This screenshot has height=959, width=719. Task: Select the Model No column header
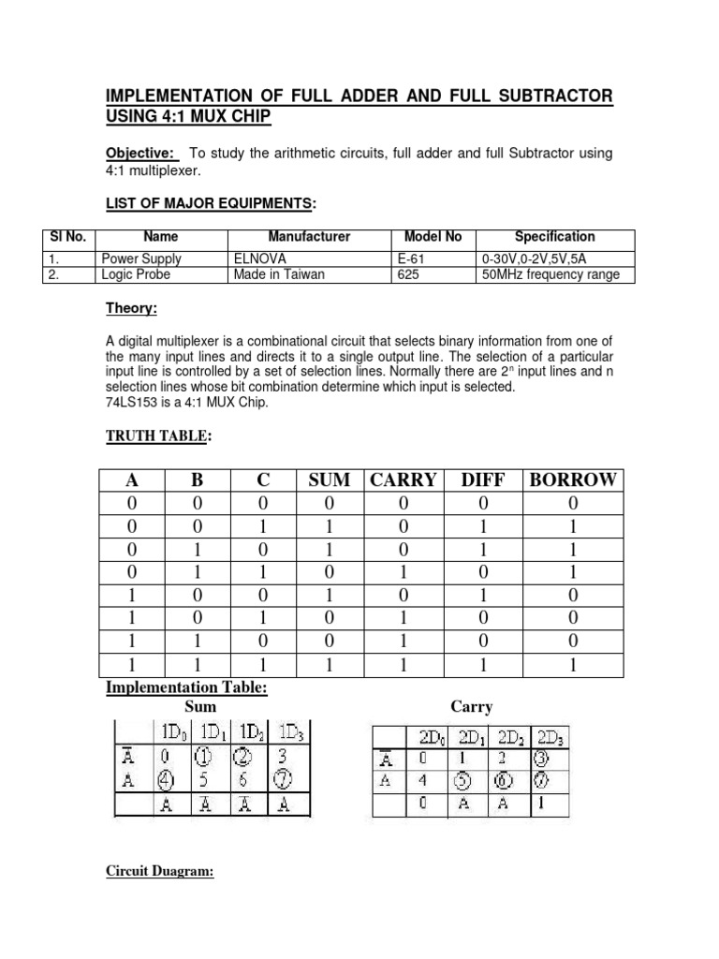click(433, 237)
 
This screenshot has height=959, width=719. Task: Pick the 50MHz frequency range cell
click(550, 274)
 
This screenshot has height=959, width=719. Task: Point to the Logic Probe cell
click(136, 274)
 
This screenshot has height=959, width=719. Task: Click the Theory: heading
click(130, 308)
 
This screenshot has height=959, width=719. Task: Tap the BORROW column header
click(573, 480)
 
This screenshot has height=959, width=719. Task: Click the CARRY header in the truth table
click(404, 480)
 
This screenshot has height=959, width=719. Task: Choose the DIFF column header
click(483, 480)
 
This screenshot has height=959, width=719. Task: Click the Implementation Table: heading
click(186, 689)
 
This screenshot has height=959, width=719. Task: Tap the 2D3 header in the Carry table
click(552, 735)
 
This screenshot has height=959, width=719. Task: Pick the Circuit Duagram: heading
click(159, 873)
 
